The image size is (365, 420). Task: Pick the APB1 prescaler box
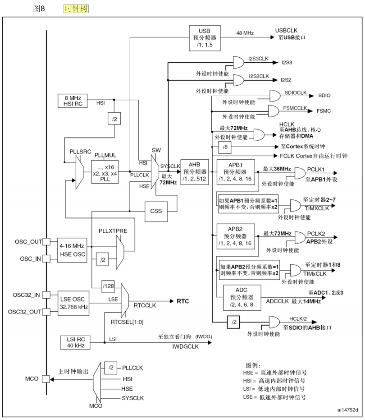coord(236,171)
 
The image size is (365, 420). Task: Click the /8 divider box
coord(225,147)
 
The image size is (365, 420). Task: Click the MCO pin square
coord(46,378)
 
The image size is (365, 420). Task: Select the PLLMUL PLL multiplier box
coord(105,171)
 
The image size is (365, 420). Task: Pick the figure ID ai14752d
coord(347,410)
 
